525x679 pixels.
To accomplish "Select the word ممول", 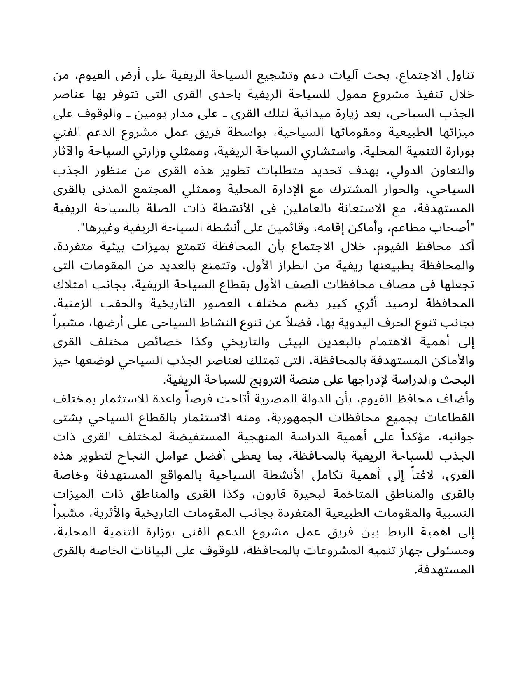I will coord(329,95).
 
